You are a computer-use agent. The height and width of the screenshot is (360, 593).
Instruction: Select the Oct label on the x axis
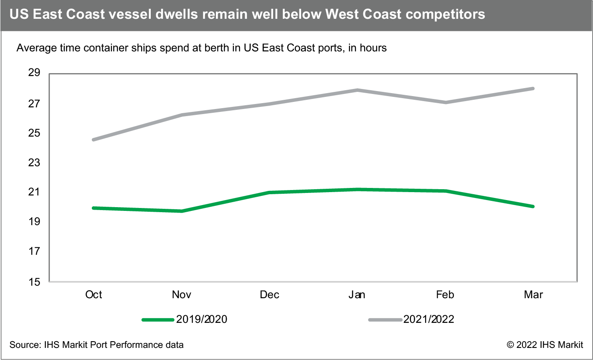[94, 294]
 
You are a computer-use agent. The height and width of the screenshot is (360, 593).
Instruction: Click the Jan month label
[357, 294]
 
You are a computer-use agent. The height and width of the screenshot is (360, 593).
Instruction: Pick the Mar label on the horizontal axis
[533, 294]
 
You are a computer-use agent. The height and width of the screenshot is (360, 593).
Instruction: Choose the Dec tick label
[269, 294]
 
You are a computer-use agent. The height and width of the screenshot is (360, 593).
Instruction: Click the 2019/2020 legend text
[202, 320]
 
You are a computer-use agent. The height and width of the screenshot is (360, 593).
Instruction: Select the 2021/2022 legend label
[428, 320]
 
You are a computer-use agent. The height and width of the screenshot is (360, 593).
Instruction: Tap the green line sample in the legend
[158, 320]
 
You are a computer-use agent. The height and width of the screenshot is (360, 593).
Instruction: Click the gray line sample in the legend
[385, 320]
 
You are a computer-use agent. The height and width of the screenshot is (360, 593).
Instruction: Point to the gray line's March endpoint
[533, 89]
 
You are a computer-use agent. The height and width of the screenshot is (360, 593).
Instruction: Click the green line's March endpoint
[533, 206]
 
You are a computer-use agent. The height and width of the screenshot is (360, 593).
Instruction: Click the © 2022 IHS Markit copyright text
[545, 345]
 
